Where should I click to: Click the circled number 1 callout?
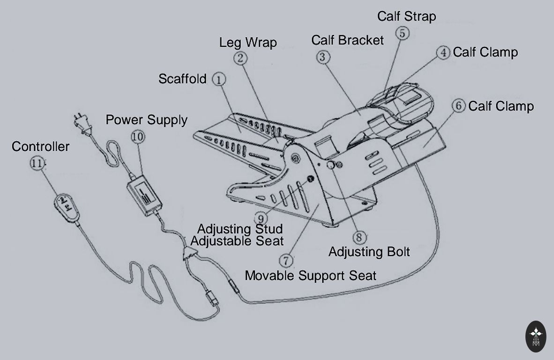[x=219, y=79]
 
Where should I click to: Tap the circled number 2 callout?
[x=240, y=58]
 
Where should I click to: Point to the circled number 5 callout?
[x=402, y=33]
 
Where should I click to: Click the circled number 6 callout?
[x=458, y=106]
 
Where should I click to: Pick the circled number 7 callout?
[x=285, y=260]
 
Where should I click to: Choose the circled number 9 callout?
[x=262, y=217]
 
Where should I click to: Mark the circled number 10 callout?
[x=137, y=136]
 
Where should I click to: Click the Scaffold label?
[x=182, y=79]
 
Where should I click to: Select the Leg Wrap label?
[x=248, y=43]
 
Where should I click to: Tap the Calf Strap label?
[x=406, y=16]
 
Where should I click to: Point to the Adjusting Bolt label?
[x=369, y=252]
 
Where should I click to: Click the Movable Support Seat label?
[x=310, y=276]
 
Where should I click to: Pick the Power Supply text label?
[x=146, y=120]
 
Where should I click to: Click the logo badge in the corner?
[x=536, y=336]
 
